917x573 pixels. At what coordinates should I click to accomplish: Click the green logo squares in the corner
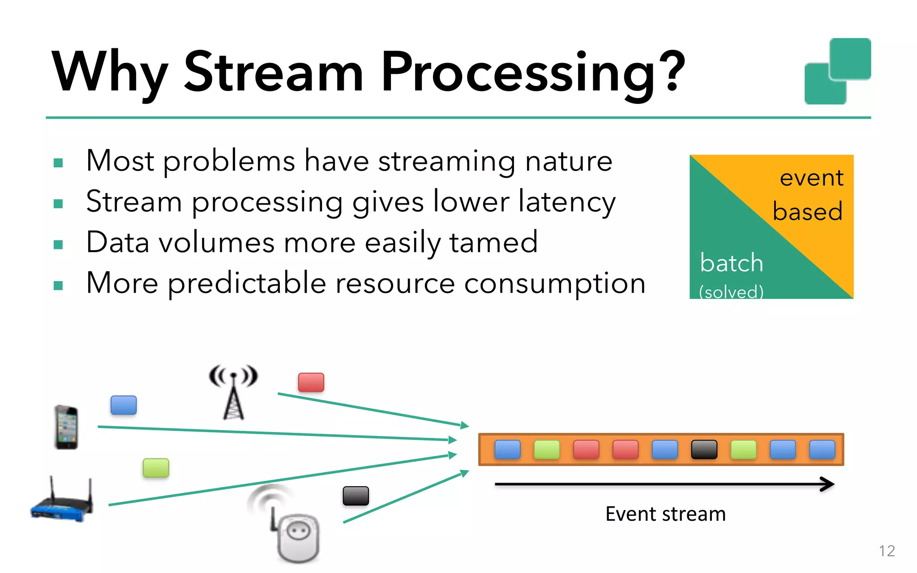[x=837, y=72]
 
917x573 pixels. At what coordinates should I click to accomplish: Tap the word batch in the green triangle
[x=731, y=263]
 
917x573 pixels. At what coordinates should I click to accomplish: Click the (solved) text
[x=731, y=292]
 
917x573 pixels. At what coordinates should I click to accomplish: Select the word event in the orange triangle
[x=811, y=178]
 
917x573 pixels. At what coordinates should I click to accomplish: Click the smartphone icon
[x=66, y=427]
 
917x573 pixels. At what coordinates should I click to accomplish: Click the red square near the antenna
[x=311, y=382]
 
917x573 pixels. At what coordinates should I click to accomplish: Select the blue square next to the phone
[x=124, y=405]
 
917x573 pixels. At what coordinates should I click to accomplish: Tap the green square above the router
[x=156, y=468]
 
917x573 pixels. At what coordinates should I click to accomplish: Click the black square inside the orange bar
[x=704, y=449]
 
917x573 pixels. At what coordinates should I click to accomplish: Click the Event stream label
[x=665, y=514]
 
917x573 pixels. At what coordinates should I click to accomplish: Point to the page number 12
[x=887, y=551]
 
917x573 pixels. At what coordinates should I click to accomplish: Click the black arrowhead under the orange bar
[x=828, y=484]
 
